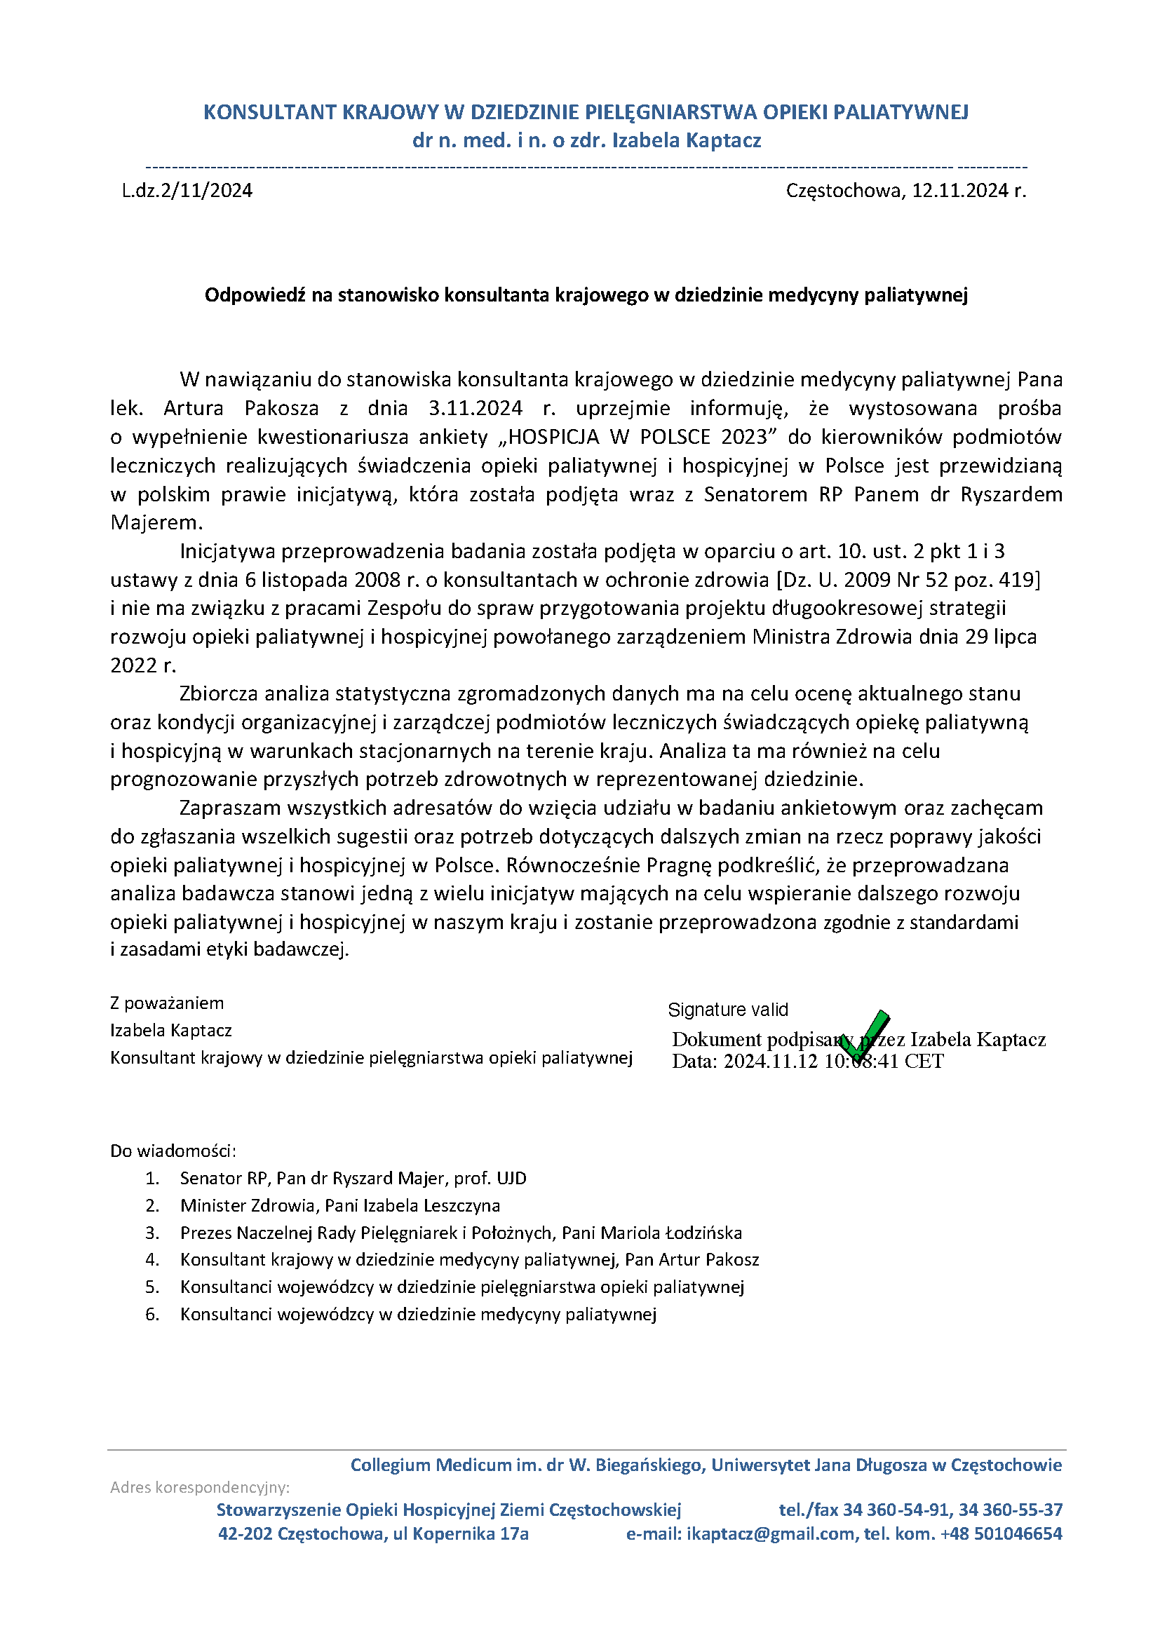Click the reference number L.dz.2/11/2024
click(x=187, y=191)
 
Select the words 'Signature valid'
click(x=728, y=1010)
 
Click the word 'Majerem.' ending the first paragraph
click(x=156, y=523)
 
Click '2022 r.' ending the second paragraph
click(x=143, y=665)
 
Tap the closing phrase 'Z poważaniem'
click(x=166, y=1003)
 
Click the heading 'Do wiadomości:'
click(x=173, y=1151)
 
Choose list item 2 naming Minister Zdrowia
click(x=339, y=1206)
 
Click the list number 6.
click(x=151, y=1314)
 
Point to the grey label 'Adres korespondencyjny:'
click(x=200, y=1488)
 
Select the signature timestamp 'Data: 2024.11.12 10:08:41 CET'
click(x=807, y=1062)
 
